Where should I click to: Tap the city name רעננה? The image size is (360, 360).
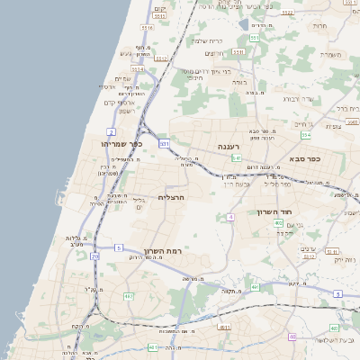pyautogui.click(x=225, y=146)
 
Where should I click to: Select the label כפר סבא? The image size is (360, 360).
pyautogui.click(x=304, y=158)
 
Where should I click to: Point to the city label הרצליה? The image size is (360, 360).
pyautogui.click(x=170, y=196)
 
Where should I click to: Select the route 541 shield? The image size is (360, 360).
pyautogui.click(x=236, y=157)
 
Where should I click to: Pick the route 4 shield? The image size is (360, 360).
pyautogui.click(x=231, y=217)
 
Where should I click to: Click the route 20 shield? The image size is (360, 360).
pyautogui.click(x=95, y=256)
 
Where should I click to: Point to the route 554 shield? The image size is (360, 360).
pyautogui.click(x=305, y=135)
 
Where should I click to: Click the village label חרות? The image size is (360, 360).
pyautogui.click(x=319, y=26)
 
